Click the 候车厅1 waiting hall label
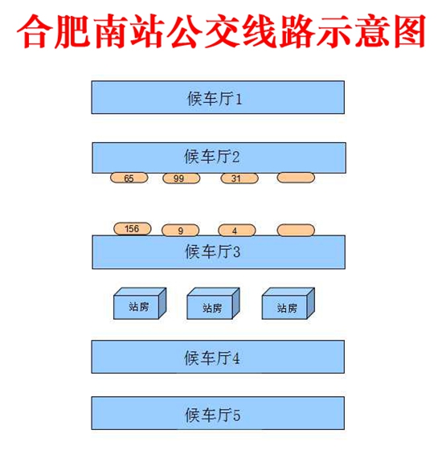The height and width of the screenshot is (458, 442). (x=215, y=98)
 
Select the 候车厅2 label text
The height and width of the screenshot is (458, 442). (x=212, y=156)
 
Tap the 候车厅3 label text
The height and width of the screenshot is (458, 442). (x=212, y=251)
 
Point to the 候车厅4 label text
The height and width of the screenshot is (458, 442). (x=212, y=358)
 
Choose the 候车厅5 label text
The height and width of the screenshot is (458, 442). (x=212, y=414)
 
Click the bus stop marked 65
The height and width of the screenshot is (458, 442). (x=129, y=178)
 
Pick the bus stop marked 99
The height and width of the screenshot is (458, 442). (x=182, y=178)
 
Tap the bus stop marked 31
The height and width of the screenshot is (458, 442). (x=239, y=178)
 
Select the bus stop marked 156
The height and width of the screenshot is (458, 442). (x=133, y=228)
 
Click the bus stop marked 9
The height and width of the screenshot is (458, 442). (x=181, y=230)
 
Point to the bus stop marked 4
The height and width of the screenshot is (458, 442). (x=237, y=230)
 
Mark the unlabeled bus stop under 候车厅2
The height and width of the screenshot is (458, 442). (x=296, y=178)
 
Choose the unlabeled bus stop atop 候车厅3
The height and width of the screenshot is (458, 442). (x=296, y=230)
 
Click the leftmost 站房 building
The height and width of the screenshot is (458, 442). (x=140, y=304)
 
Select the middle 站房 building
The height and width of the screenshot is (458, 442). (x=213, y=304)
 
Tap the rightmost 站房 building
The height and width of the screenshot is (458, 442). (x=289, y=304)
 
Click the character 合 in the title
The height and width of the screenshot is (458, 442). (x=35, y=31)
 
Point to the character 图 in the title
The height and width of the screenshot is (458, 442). (x=408, y=31)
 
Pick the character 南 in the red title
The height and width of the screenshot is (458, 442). (x=109, y=31)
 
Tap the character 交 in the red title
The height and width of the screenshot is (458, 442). (x=222, y=31)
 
